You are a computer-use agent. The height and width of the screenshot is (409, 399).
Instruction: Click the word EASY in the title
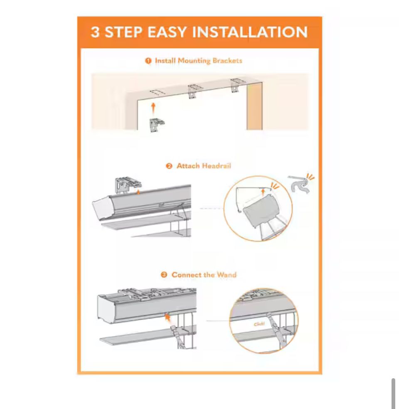pos(167,32)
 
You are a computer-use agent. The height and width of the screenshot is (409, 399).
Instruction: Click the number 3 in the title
pos(95,32)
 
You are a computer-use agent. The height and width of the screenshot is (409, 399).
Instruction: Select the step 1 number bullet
pos(148,61)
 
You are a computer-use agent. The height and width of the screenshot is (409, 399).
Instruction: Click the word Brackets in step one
pos(227,61)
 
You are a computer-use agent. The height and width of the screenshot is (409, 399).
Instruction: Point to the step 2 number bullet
pos(169,166)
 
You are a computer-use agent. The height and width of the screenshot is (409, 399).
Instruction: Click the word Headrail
pos(217,166)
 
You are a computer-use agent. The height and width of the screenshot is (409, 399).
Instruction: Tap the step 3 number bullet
pos(164,275)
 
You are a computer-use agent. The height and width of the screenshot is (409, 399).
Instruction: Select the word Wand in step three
pos(227,275)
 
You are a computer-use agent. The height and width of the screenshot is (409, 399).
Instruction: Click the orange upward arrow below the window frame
pos(153,108)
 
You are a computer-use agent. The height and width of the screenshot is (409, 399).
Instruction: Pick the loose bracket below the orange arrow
pos(157,125)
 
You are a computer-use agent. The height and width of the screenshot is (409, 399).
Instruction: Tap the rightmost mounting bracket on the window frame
pos(236,85)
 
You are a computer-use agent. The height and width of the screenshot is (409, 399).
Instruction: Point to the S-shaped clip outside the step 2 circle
pos(300,184)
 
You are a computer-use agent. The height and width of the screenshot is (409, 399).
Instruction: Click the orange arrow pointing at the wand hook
pos(167,318)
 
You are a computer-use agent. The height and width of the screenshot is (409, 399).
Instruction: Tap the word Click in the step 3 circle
pos(259,324)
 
